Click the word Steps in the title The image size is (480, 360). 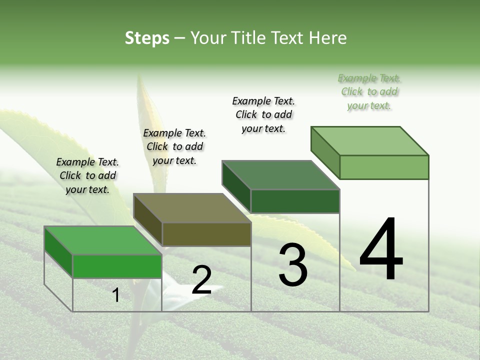(x=147, y=38)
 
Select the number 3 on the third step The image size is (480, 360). (x=293, y=265)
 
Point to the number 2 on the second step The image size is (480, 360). (x=201, y=280)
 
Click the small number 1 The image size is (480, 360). (x=116, y=295)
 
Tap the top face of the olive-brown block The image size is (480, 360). (x=192, y=208)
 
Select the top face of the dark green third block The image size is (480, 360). (x=280, y=175)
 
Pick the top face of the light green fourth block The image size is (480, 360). (x=369, y=141)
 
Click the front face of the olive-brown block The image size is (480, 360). (x=206, y=234)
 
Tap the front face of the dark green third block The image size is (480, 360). (x=295, y=201)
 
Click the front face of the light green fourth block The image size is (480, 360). (x=384, y=167)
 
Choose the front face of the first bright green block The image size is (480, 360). (x=117, y=266)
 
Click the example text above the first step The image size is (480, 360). (x=87, y=175)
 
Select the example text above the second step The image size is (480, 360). (x=174, y=146)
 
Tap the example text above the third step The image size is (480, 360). (x=263, y=114)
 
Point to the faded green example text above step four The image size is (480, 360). (x=369, y=91)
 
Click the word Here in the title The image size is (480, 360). (x=327, y=38)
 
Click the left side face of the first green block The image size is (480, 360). (x=58, y=251)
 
